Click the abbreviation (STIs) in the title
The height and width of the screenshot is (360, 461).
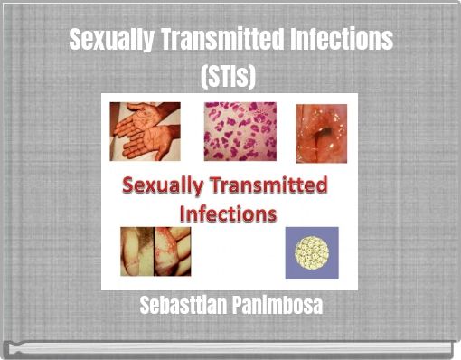click(230, 78)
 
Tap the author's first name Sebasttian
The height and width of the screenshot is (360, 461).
click(184, 306)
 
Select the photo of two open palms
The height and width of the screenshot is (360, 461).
click(145, 131)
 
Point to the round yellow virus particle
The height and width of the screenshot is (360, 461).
click(312, 252)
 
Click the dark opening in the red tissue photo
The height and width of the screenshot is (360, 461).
click(323, 136)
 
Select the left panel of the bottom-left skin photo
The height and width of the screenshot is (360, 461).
click(136, 251)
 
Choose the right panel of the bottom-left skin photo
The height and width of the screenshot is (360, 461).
click(173, 251)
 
